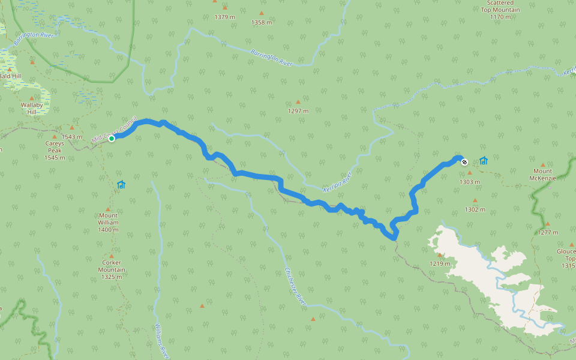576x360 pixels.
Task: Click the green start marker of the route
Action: pos(112,139)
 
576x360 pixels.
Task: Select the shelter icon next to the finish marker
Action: pos(484,161)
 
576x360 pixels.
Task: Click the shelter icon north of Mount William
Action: pos(121,185)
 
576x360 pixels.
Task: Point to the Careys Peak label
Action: pos(55,151)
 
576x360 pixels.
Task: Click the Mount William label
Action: pos(109,223)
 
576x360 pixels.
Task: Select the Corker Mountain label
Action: pos(112,266)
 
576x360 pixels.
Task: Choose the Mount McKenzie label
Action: pos(544,175)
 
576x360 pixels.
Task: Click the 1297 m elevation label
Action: pos(298,111)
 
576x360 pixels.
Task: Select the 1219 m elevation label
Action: pos(440,263)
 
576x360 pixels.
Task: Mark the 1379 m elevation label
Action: pos(224,17)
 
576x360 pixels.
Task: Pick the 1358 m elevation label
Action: pos(261,23)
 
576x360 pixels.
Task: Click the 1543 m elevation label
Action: pos(71,137)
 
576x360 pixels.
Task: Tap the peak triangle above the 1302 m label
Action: pos(475,201)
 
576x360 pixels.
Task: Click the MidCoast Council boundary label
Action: pos(115,130)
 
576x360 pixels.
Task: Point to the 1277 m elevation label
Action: pos(548,232)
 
